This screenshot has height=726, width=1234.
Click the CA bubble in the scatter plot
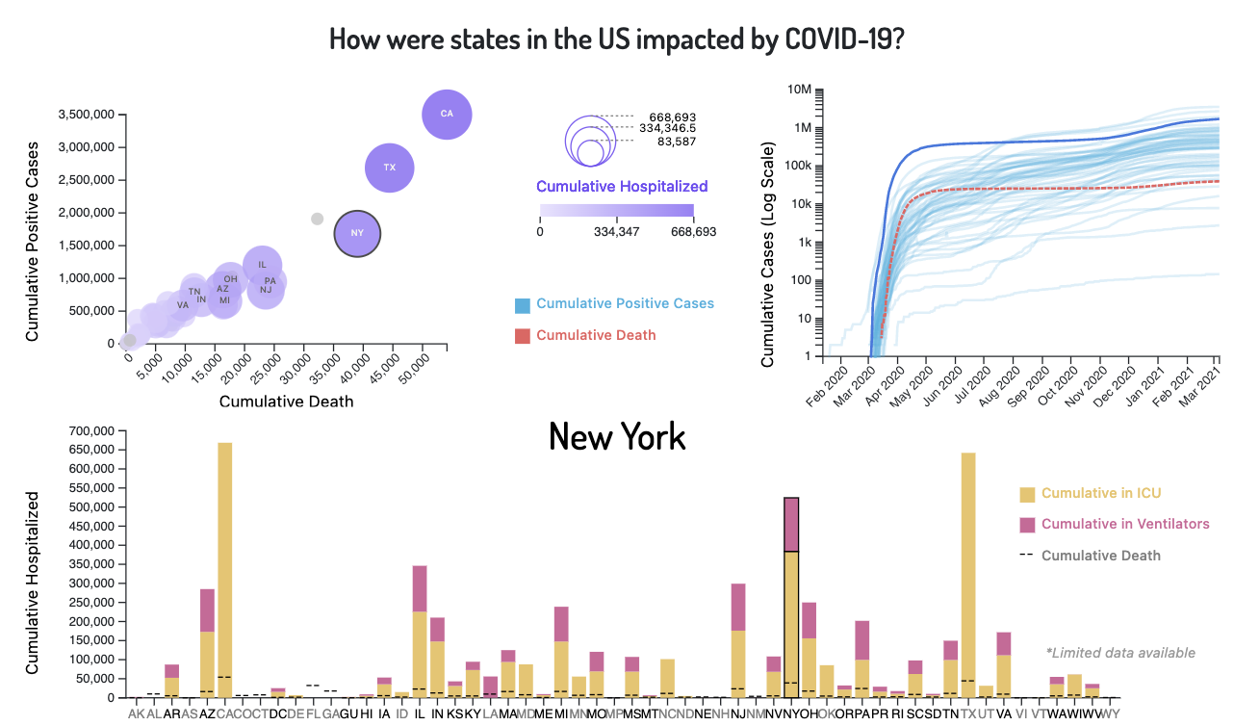point(447,114)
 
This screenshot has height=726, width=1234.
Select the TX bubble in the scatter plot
point(390,168)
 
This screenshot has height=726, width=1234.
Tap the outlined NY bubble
point(357,233)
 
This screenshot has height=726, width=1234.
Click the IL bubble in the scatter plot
point(262,264)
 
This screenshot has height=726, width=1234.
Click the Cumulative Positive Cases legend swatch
point(523,304)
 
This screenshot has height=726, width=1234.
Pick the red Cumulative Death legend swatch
point(523,335)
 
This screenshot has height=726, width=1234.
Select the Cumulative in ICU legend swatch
point(1027,494)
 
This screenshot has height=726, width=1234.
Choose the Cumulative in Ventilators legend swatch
point(1027,525)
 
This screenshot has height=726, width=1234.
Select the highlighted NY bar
point(791,597)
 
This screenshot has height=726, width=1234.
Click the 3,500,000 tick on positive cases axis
point(88,115)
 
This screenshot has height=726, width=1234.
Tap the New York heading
point(617,436)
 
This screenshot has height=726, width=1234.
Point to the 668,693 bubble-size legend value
point(673,117)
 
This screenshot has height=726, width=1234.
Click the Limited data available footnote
point(1120,653)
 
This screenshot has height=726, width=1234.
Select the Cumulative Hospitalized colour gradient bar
point(617,212)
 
